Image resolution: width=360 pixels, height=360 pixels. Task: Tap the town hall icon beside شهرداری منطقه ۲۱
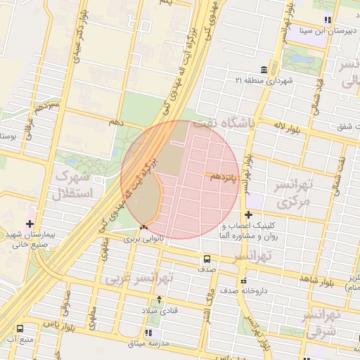point(263,70)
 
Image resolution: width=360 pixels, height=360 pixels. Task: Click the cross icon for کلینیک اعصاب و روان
point(248,214)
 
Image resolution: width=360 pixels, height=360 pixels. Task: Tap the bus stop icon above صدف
point(207,258)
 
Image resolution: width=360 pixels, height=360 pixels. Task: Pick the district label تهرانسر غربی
point(139,278)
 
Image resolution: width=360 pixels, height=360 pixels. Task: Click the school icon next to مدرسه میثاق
point(148,332)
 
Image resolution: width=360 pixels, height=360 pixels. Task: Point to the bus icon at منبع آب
point(19,328)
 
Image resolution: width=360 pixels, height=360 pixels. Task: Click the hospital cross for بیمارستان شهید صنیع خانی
point(29,223)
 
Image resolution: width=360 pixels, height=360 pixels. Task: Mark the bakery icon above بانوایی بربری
point(143,227)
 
